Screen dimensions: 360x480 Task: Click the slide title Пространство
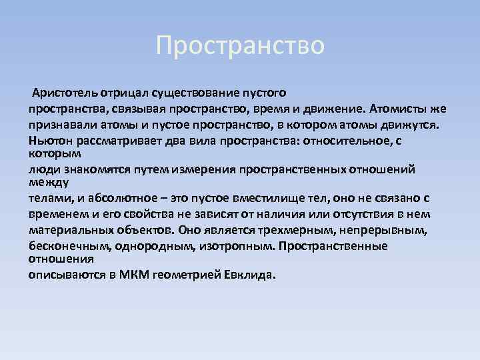pos(240,46)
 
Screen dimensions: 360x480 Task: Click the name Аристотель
pos(63,93)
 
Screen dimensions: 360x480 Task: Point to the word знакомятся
pos(93,169)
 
